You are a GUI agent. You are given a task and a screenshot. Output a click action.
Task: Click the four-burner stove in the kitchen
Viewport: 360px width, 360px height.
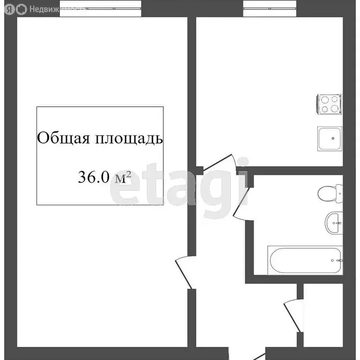coord(330,104)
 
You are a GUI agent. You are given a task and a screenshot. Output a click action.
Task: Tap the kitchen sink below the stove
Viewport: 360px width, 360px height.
coord(330,139)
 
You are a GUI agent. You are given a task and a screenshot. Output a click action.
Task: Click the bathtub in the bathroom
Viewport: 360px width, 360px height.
coord(305,260)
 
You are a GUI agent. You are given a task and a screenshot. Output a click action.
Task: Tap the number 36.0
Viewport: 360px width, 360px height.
coord(93,177)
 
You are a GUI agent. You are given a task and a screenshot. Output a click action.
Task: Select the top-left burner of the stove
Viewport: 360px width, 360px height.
coord(325,99)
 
